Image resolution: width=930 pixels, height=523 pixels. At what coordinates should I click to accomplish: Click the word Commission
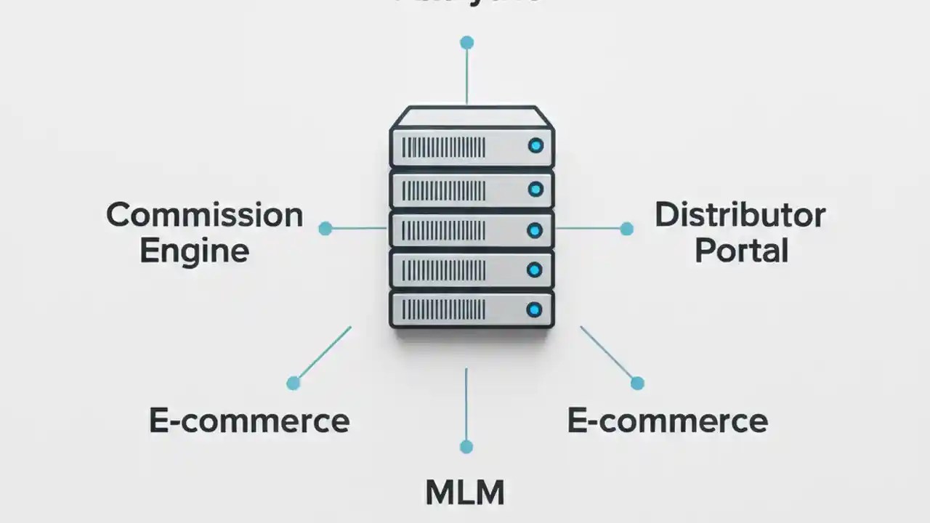click(204, 216)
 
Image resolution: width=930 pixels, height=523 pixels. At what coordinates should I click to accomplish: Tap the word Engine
click(194, 251)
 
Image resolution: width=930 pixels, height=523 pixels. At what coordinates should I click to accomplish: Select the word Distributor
click(740, 216)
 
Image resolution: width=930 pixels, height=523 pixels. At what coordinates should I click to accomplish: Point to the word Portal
click(741, 251)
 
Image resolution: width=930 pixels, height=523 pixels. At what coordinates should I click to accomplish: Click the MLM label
click(464, 492)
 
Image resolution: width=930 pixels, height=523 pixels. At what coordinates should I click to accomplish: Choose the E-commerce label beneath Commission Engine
click(249, 421)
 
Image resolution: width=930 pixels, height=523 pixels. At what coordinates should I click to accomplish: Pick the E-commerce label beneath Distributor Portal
click(667, 421)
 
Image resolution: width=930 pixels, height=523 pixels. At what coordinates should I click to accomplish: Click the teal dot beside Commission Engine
click(325, 229)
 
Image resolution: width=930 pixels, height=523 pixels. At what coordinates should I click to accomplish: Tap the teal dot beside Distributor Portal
click(626, 229)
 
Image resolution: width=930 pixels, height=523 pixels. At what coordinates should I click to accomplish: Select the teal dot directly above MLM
click(466, 447)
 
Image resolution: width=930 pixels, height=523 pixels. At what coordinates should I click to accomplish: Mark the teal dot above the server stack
click(466, 43)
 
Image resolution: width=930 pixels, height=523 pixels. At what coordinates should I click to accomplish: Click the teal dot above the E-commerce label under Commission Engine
click(294, 383)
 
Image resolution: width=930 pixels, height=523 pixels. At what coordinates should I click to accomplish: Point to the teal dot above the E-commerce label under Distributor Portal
click(637, 383)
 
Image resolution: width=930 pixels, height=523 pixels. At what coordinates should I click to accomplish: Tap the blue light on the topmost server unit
click(535, 146)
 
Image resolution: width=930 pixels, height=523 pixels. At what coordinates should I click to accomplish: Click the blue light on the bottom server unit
click(535, 310)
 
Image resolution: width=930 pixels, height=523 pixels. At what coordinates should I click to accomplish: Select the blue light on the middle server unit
click(535, 231)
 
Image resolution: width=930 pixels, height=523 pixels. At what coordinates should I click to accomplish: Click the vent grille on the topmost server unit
click(443, 147)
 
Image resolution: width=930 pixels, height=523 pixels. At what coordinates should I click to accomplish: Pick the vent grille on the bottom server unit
click(443, 310)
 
